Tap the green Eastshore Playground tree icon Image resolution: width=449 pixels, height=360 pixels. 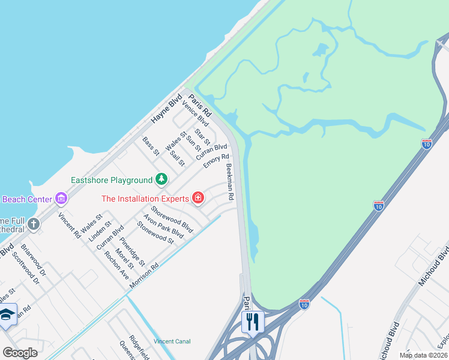tap(161, 179)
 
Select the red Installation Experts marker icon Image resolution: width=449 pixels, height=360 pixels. tap(197, 198)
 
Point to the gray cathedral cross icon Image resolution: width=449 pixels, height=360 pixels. tap(34, 224)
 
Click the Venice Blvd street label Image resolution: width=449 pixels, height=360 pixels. tap(195, 113)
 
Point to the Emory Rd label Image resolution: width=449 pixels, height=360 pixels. tap(216, 161)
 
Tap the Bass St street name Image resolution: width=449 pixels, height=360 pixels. tap(151, 146)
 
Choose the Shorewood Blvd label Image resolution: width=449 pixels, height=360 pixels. tap(172, 220)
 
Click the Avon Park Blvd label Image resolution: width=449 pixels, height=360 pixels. tap(163, 226)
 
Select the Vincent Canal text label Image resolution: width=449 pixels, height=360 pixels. tap(172, 341)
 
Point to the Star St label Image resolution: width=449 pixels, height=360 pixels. tap(202, 137)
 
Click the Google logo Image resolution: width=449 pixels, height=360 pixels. tap(20, 352)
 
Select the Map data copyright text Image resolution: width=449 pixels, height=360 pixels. tap(423, 355)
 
